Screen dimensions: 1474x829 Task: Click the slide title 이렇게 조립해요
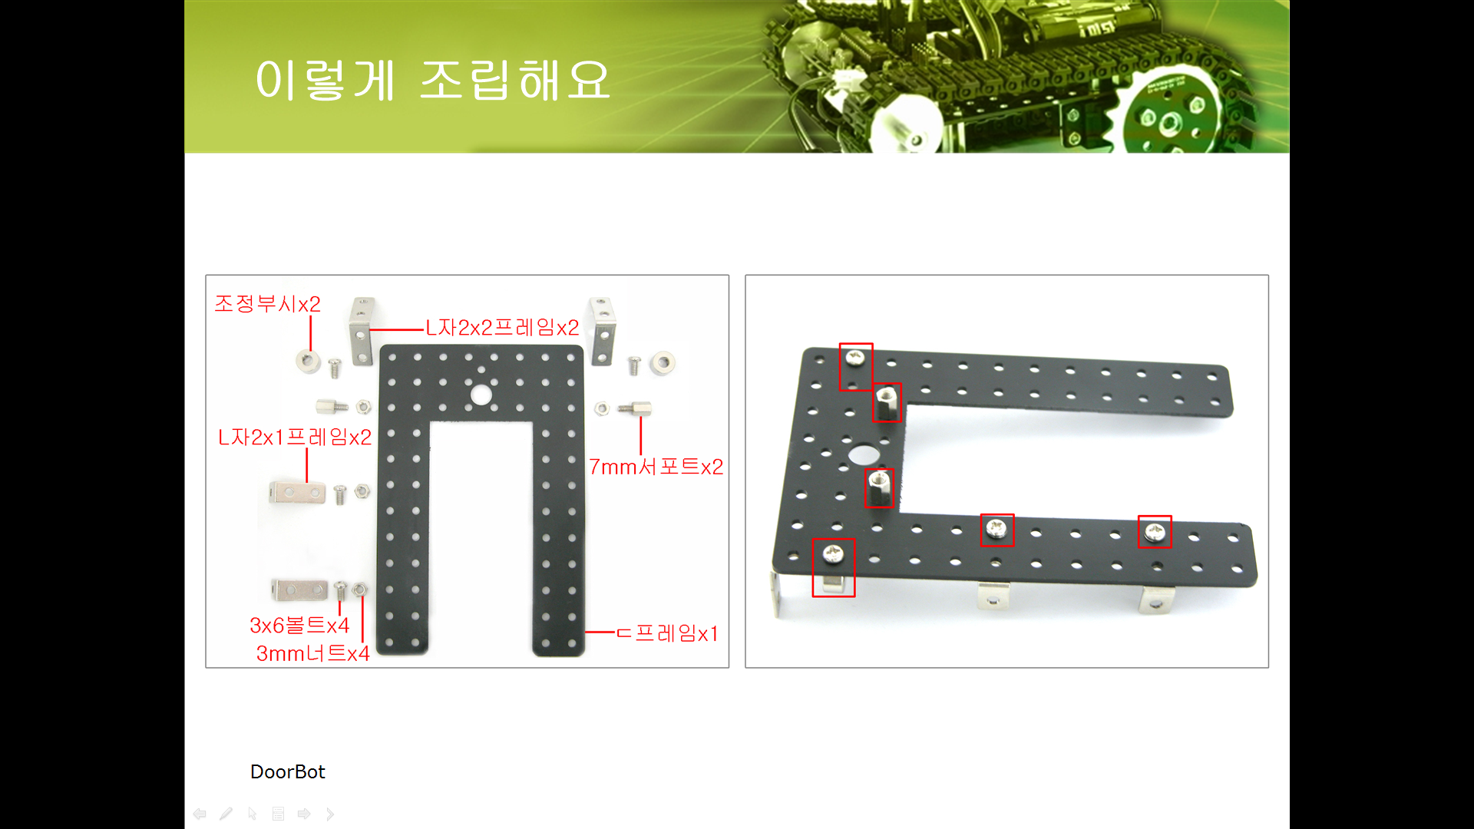click(x=432, y=80)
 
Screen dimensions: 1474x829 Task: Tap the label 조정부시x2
click(x=267, y=304)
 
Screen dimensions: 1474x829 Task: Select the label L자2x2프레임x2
click(x=502, y=328)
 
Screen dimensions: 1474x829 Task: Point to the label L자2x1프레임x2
click(x=295, y=438)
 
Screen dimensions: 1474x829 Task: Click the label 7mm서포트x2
click(x=656, y=467)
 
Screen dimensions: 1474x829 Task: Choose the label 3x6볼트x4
click(x=299, y=626)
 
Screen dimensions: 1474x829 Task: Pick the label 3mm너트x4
click(x=312, y=653)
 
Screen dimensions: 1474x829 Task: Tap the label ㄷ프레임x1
click(x=667, y=633)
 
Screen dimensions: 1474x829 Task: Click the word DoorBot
click(x=288, y=771)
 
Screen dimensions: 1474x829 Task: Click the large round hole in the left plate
click(x=481, y=395)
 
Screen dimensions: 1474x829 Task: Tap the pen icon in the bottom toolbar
click(x=226, y=814)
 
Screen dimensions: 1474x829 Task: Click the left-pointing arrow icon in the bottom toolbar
click(x=200, y=814)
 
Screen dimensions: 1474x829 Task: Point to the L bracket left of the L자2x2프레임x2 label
click(x=362, y=331)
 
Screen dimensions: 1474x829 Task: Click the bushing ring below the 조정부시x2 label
click(x=309, y=361)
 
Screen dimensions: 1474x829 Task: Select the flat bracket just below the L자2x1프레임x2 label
click(x=297, y=492)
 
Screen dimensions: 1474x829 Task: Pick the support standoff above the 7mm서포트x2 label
click(x=635, y=408)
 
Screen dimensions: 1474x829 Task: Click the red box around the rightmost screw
click(x=1155, y=531)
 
